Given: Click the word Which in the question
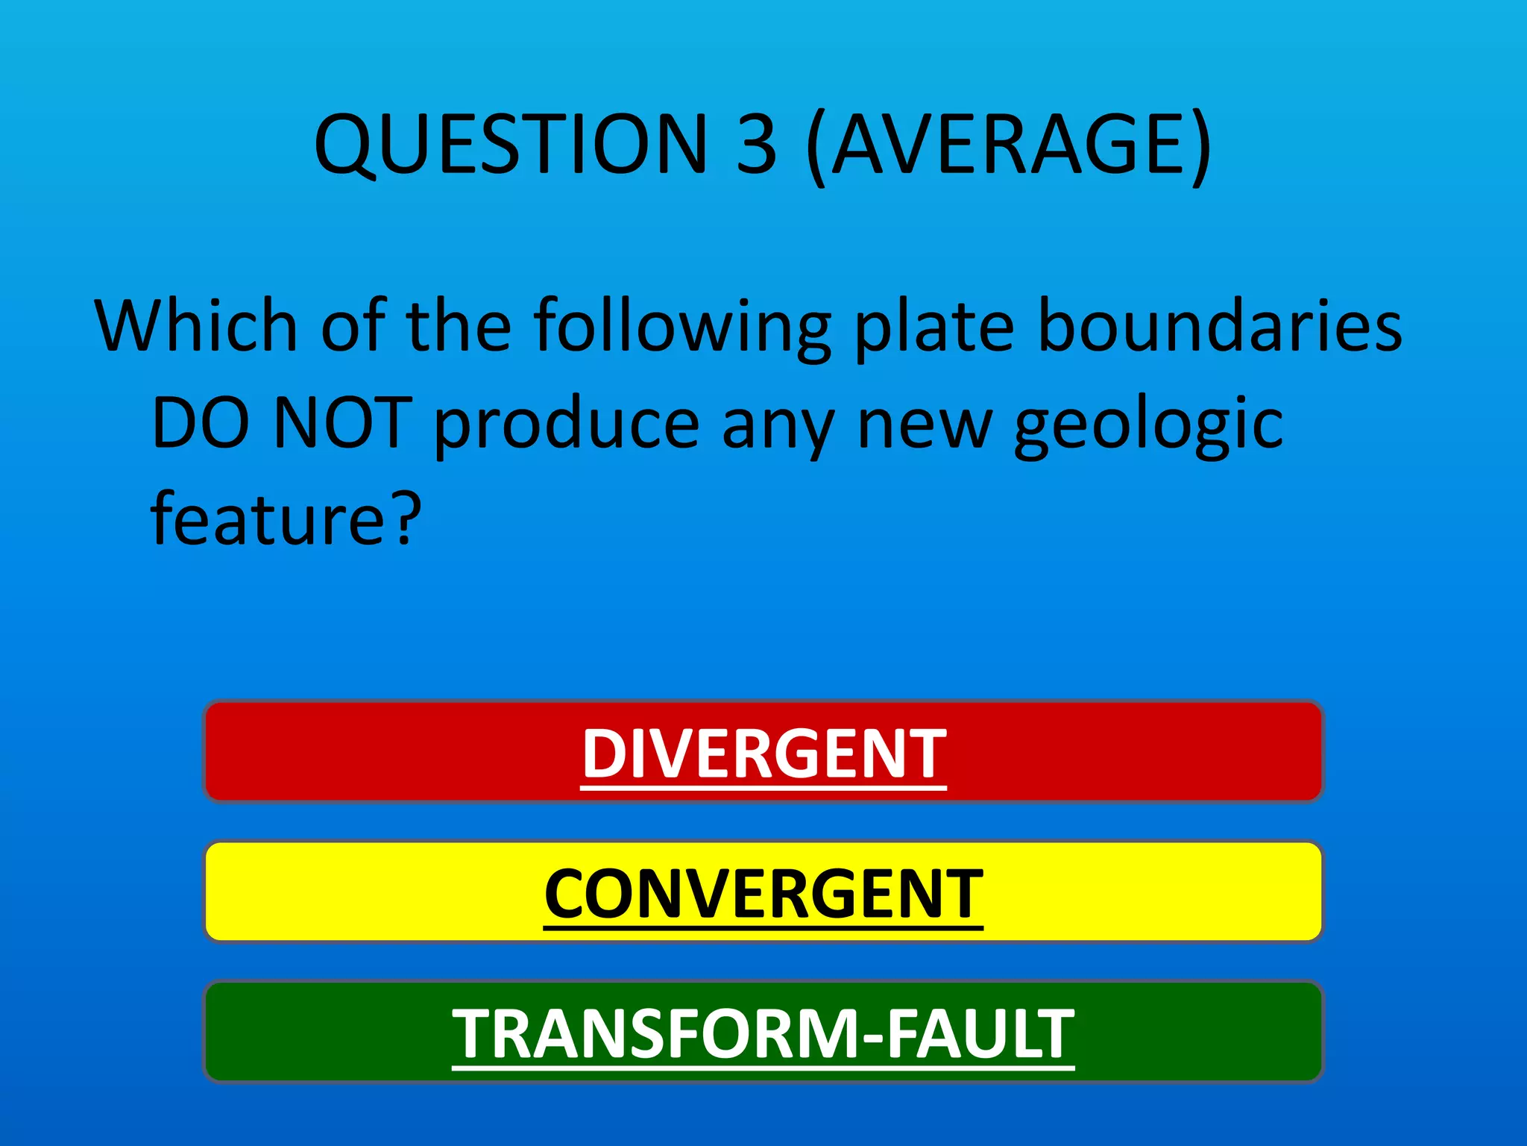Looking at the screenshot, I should point(196,326).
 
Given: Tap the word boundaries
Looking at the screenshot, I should point(1220,326).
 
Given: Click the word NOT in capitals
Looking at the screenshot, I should point(342,424).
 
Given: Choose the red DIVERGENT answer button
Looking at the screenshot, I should point(763,752).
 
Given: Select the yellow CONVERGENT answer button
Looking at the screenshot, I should point(763,892).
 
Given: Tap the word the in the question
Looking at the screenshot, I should point(458,326).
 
